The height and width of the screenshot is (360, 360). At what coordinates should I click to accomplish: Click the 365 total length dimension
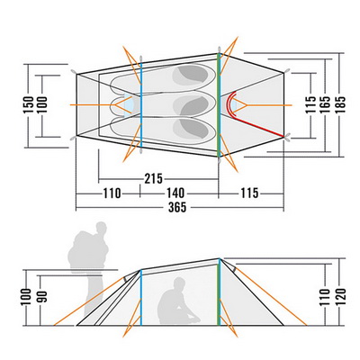177,207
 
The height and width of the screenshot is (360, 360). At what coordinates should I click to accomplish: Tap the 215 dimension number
154,179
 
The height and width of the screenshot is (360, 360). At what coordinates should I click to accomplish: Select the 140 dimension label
175,193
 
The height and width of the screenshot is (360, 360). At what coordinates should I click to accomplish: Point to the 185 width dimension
341,104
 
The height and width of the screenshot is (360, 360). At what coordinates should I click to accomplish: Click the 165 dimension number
325,104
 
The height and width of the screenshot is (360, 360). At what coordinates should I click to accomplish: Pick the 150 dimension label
28,104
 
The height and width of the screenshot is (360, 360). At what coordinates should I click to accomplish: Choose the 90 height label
42,296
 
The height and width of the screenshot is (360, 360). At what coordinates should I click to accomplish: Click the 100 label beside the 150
42,104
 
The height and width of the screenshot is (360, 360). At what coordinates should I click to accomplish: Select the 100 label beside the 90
27,297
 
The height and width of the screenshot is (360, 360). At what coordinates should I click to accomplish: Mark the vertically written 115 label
310,104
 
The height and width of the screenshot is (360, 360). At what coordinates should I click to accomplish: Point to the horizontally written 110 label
112,193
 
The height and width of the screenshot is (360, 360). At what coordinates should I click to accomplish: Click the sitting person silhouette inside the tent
178,301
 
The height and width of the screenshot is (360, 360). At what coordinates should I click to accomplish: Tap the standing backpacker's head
101,229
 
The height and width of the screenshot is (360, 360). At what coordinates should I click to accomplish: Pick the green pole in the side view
219,292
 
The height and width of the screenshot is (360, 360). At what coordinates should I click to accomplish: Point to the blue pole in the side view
140,298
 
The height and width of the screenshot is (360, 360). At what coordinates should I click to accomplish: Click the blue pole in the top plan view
141,104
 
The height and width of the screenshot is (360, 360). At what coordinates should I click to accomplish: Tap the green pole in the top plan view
219,105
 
